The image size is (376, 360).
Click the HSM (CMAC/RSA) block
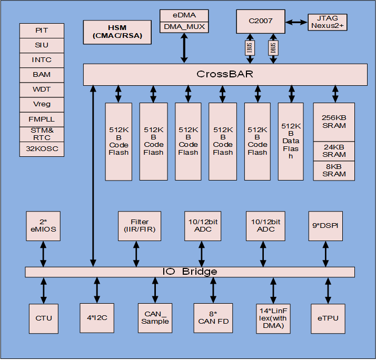[x=117, y=32]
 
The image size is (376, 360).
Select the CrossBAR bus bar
[x=225, y=74]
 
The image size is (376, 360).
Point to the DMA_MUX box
[x=184, y=27]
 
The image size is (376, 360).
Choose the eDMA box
[x=184, y=15]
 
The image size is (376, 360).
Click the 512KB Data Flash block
[x=291, y=141]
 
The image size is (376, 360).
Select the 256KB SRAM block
[x=334, y=122]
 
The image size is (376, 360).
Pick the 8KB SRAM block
[x=334, y=170]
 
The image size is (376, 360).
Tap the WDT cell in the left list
[x=42, y=89]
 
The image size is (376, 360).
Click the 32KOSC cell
[x=42, y=149]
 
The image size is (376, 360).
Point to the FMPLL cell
[x=42, y=119]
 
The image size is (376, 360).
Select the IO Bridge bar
[x=190, y=272]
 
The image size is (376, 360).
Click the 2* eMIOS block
[x=44, y=225]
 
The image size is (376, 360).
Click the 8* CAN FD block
[x=213, y=317]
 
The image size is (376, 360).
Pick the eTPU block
[x=329, y=317]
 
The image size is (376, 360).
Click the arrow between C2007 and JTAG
[x=296, y=22]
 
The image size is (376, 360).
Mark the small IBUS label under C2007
[x=249, y=48]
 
